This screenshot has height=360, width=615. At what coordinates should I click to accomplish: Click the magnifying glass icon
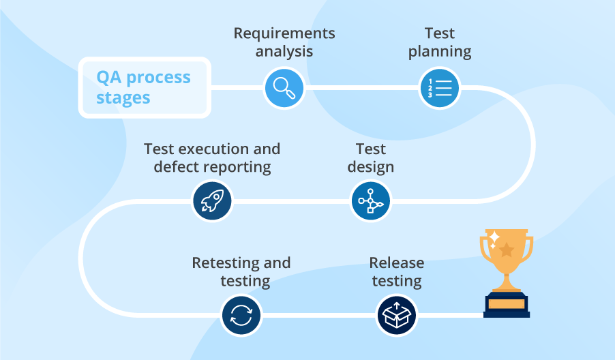pyautogui.click(x=284, y=88)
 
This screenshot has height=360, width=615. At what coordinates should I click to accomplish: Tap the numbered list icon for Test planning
pyautogui.click(x=438, y=88)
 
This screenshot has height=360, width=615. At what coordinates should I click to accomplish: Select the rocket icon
pyautogui.click(x=212, y=201)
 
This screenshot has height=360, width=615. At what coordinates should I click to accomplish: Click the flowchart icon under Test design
pyautogui.click(x=370, y=201)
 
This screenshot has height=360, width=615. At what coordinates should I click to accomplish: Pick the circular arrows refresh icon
pyautogui.click(x=241, y=316)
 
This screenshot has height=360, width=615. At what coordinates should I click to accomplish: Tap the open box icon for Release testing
pyautogui.click(x=396, y=316)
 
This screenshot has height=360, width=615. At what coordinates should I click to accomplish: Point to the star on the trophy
pyautogui.click(x=507, y=250)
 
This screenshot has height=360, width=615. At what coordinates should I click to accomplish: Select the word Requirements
pyautogui.click(x=284, y=33)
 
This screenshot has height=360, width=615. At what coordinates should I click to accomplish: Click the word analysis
pyautogui.click(x=284, y=51)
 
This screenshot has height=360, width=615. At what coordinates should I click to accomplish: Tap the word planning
pyautogui.click(x=440, y=51)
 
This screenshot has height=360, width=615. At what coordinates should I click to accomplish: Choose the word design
pyautogui.click(x=371, y=167)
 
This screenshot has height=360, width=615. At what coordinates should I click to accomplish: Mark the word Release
pyautogui.click(x=396, y=263)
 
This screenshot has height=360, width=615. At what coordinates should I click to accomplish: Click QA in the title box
pyautogui.click(x=109, y=77)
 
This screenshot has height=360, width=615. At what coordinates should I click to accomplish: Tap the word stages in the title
pyautogui.click(x=123, y=97)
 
